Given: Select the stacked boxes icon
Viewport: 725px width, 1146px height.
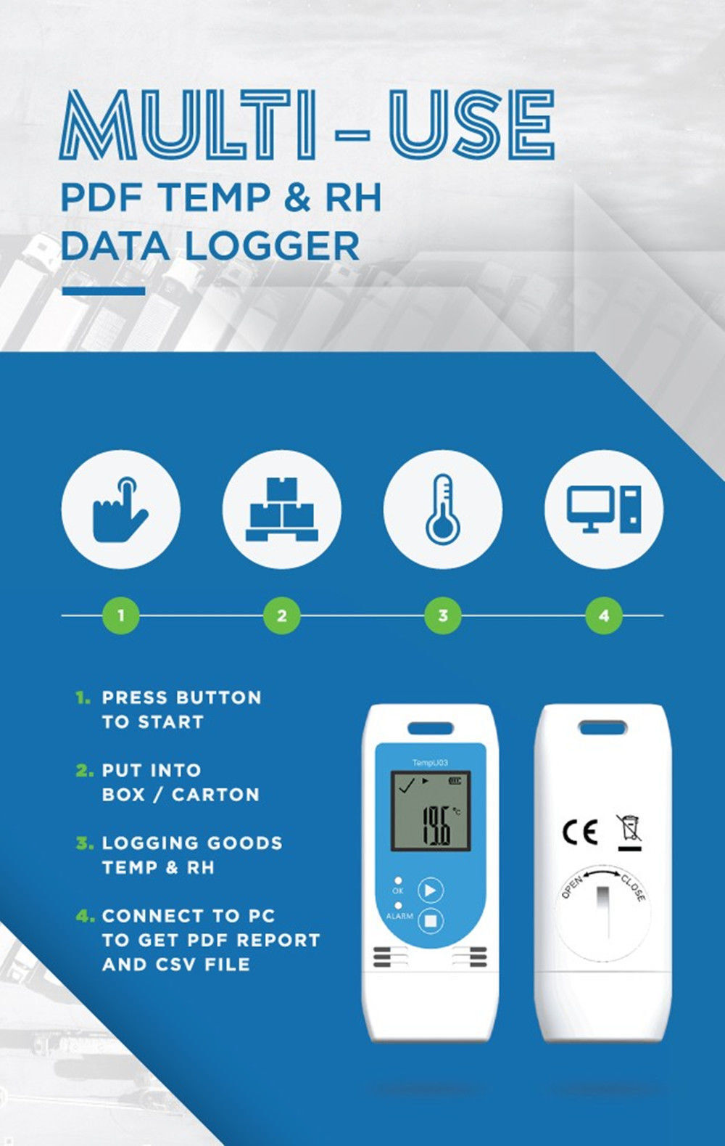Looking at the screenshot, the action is point(281,509).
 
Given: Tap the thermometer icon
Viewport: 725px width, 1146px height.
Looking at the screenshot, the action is point(442,509).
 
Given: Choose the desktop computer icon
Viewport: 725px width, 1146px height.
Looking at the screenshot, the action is point(604,509).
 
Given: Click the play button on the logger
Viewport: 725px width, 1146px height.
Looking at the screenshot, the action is point(431,891).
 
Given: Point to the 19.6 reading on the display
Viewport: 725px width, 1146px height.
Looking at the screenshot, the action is point(436,824).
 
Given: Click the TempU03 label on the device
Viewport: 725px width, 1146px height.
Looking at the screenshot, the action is point(430,762).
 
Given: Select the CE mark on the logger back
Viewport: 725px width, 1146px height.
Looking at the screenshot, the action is point(580,832).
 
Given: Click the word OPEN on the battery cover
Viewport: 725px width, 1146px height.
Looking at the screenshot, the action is point(572,887).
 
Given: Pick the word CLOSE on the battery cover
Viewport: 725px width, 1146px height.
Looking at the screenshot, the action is point(634,888).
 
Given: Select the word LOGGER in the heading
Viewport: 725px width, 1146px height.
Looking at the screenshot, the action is point(273,247).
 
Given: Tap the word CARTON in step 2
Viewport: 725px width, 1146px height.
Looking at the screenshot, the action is point(216,795).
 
